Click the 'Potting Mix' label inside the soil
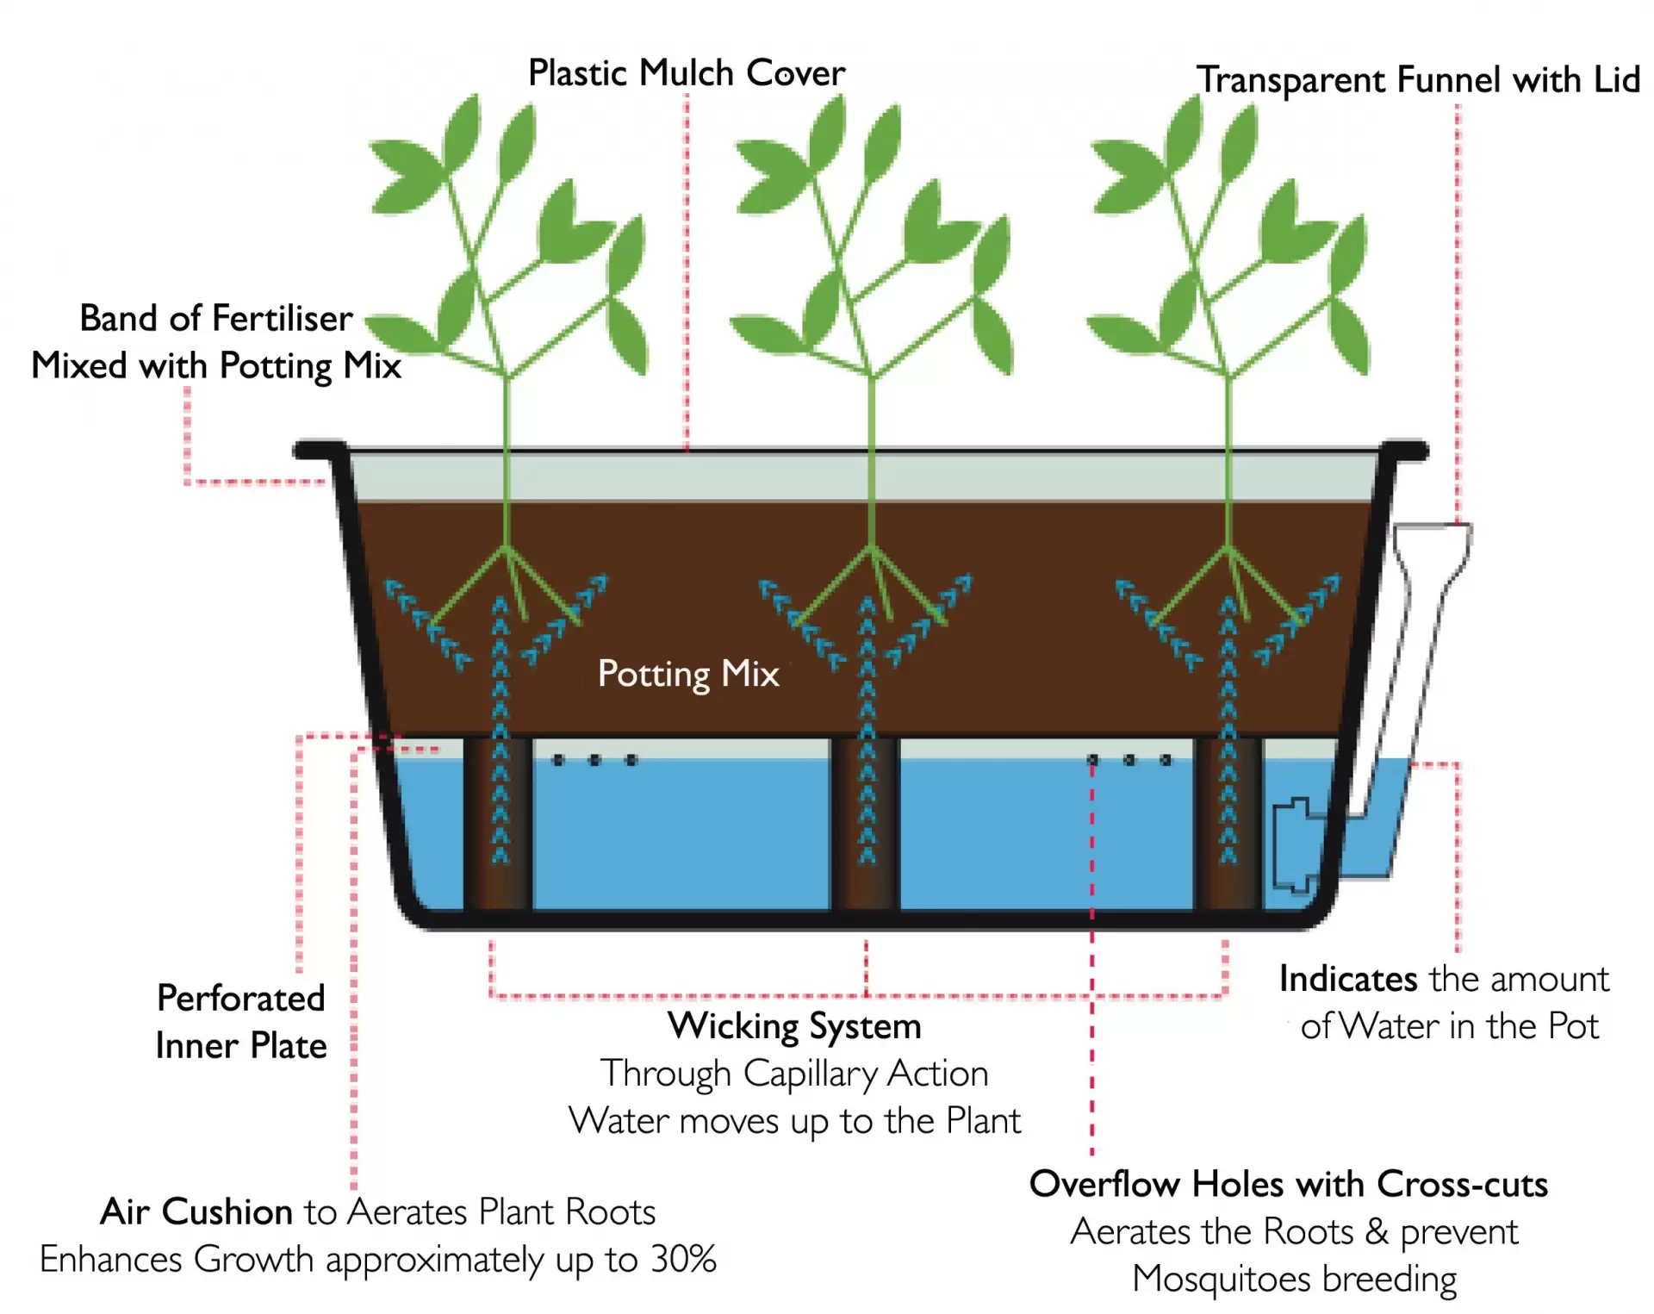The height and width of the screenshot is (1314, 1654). click(688, 674)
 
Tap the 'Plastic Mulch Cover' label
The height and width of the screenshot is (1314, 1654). click(687, 73)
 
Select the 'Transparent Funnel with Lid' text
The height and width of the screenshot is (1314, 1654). click(1419, 80)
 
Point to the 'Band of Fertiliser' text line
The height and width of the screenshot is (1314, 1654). click(216, 319)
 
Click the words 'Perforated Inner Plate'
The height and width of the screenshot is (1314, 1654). click(241, 1022)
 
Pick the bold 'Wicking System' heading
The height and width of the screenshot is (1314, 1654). click(794, 1026)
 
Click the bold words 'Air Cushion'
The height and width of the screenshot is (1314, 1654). click(196, 1212)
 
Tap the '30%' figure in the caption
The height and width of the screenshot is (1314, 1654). click(683, 1260)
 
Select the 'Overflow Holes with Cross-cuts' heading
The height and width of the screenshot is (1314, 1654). click(1289, 1185)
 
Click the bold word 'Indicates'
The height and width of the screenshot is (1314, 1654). click(1348, 980)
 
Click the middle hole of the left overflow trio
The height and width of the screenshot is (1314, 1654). click(594, 760)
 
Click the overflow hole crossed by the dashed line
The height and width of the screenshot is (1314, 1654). click(1092, 760)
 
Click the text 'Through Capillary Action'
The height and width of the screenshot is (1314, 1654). click(794, 1074)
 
